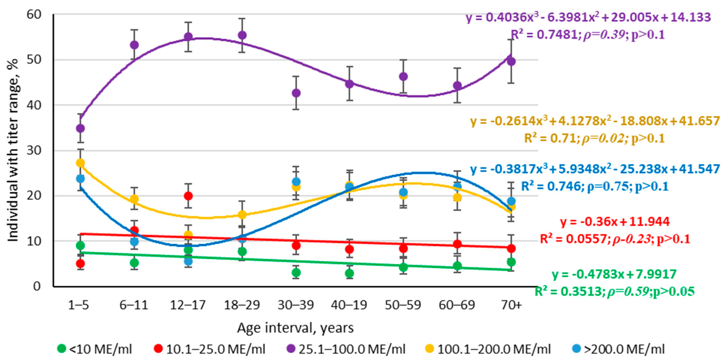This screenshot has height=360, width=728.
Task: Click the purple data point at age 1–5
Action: pos(80,128)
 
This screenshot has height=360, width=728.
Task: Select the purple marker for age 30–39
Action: pos(296,93)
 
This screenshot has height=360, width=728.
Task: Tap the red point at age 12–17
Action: pos(188,196)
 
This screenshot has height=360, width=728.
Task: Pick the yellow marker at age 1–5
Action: pos(80,163)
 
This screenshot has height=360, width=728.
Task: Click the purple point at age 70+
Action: pos(511,61)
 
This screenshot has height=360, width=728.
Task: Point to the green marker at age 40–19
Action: pos(350,273)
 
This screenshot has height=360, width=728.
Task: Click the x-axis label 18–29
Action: pos(242,305)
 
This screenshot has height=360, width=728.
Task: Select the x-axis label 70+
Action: pos(511,305)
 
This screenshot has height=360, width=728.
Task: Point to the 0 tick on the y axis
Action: pos(37,286)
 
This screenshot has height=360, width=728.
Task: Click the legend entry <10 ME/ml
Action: pos(95,349)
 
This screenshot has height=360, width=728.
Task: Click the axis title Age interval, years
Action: pos(295,328)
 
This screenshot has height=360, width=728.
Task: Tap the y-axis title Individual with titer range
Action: pos(13,150)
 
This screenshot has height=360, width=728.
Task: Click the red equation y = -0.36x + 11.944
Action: pos(615,221)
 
